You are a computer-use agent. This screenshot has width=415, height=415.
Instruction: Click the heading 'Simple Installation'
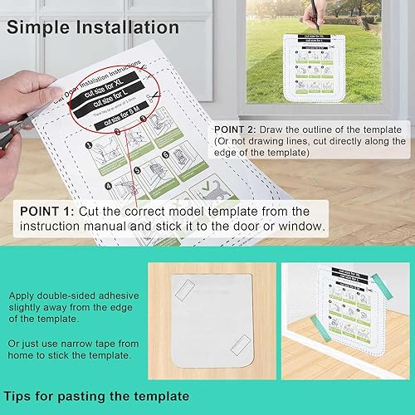(x=93, y=27)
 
